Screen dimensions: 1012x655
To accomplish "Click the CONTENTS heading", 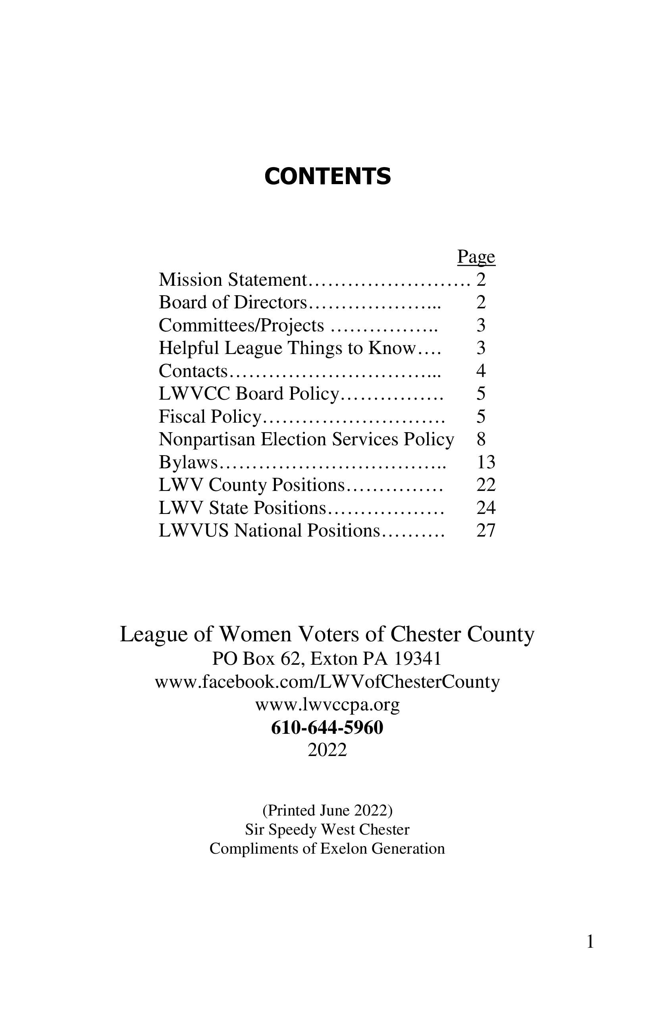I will point(327,177).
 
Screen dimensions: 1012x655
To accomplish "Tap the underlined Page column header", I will point(476,257).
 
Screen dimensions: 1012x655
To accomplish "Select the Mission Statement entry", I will point(232,280).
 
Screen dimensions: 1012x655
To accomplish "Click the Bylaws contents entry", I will point(188,462).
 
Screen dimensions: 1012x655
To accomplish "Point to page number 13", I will point(486,462).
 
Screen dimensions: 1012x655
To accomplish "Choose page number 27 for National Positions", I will point(486,531).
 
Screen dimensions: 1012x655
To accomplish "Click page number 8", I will point(481,439).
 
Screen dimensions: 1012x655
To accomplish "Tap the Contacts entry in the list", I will point(193,371).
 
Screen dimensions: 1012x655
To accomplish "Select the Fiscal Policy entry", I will point(210,417).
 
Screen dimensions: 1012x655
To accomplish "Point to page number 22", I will point(486,485).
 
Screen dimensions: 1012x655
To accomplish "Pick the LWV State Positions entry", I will point(242,508).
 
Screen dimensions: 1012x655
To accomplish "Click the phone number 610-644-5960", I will point(327,727).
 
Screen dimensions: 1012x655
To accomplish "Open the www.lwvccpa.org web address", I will point(327,704).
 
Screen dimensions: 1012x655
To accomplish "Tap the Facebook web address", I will point(327,682).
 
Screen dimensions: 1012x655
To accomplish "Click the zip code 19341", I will point(417,659).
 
